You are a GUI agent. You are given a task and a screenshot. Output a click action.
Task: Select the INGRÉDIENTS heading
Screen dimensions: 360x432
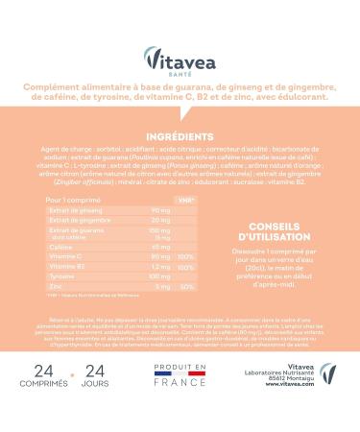180,135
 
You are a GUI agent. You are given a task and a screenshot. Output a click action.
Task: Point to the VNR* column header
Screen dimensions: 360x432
188,200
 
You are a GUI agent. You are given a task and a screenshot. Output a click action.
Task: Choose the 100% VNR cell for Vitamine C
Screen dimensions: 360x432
187,255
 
